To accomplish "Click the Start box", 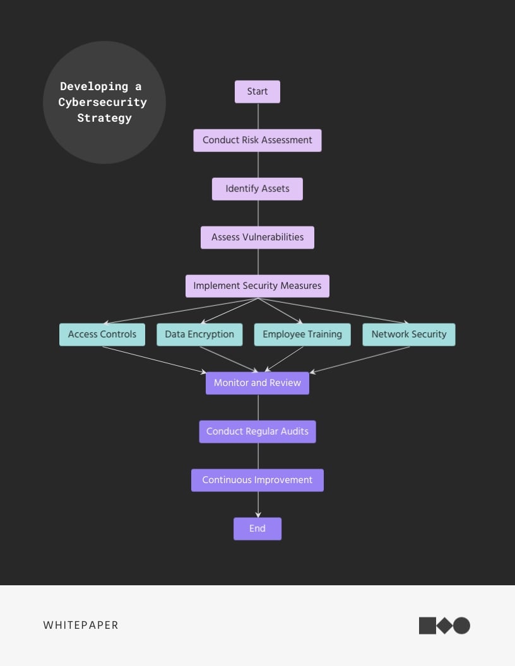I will click(257, 92).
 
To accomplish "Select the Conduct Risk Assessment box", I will click(257, 141).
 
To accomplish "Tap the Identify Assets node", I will click(257, 189).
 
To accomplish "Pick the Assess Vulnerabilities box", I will click(257, 238).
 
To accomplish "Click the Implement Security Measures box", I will click(257, 286).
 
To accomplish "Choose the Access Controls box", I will click(102, 335).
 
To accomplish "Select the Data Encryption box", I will click(199, 335).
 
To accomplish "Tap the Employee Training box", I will click(302, 335).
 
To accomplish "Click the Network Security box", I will click(409, 335).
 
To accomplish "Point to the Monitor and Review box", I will click(257, 383).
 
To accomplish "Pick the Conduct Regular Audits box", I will click(257, 432).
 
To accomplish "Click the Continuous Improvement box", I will click(257, 481).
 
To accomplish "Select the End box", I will click(257, 529).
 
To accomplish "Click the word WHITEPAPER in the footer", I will click(81, 626).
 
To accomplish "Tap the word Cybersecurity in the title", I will click(103, 102).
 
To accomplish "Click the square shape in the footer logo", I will click(427, 626).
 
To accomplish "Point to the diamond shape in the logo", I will click(444, 626).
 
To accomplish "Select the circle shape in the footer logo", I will click(462, 626).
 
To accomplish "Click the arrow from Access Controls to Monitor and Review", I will click(155, 359).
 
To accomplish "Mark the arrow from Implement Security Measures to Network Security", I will click(334, 311).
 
